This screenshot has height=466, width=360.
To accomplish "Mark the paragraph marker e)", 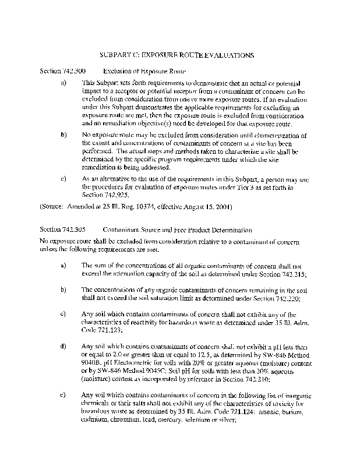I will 63,397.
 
